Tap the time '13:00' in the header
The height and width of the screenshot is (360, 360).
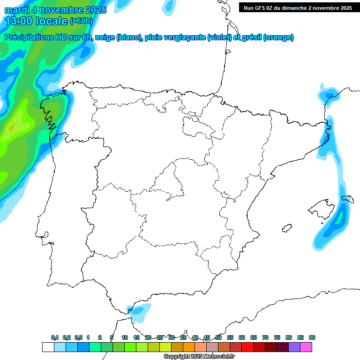[x=19, y=21]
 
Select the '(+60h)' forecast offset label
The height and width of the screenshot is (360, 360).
[x=81, y=21]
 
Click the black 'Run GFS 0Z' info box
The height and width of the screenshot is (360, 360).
[x=298, y=7]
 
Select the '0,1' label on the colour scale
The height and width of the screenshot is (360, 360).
[x=55, y=337]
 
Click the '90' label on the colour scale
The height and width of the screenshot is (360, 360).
[x=312, y=337]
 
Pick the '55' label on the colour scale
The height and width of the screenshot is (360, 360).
[x=230, y=337]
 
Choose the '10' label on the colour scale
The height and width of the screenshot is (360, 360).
[x=125, y=337]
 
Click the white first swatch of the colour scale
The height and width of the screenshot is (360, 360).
[x=48, y=347]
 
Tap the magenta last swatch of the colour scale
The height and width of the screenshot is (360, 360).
[x=306, y=347]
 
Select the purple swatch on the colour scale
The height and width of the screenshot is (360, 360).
[x=294, y=347]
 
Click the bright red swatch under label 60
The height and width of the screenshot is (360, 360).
[x=247, y=347]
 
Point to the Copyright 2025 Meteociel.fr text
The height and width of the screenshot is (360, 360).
[x=199, y=357]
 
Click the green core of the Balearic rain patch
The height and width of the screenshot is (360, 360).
[x=338, y=217]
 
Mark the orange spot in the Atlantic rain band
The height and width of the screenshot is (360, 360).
[x=12, y=127]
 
